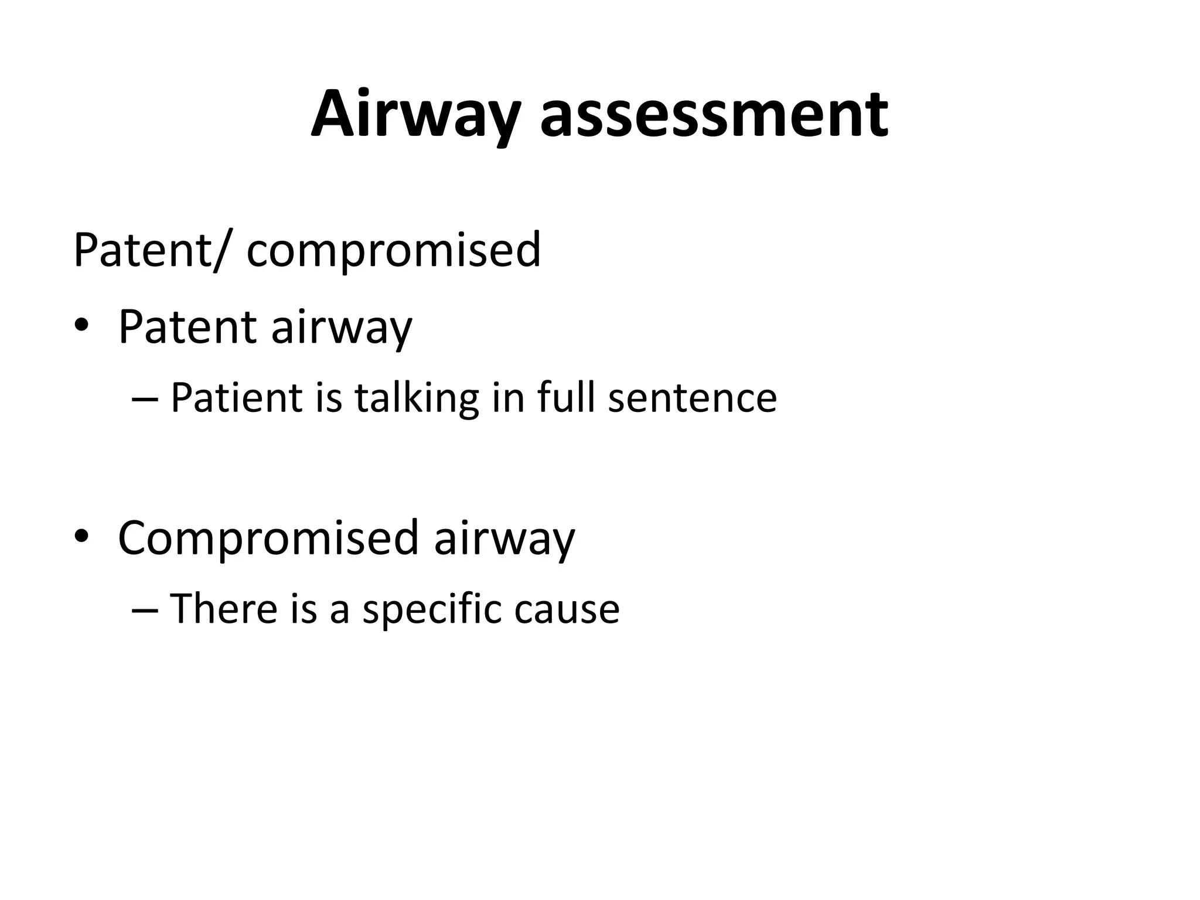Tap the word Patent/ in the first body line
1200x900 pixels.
[149, 250]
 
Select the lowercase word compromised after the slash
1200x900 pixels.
[394, 251]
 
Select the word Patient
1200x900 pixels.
[236, 397]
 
